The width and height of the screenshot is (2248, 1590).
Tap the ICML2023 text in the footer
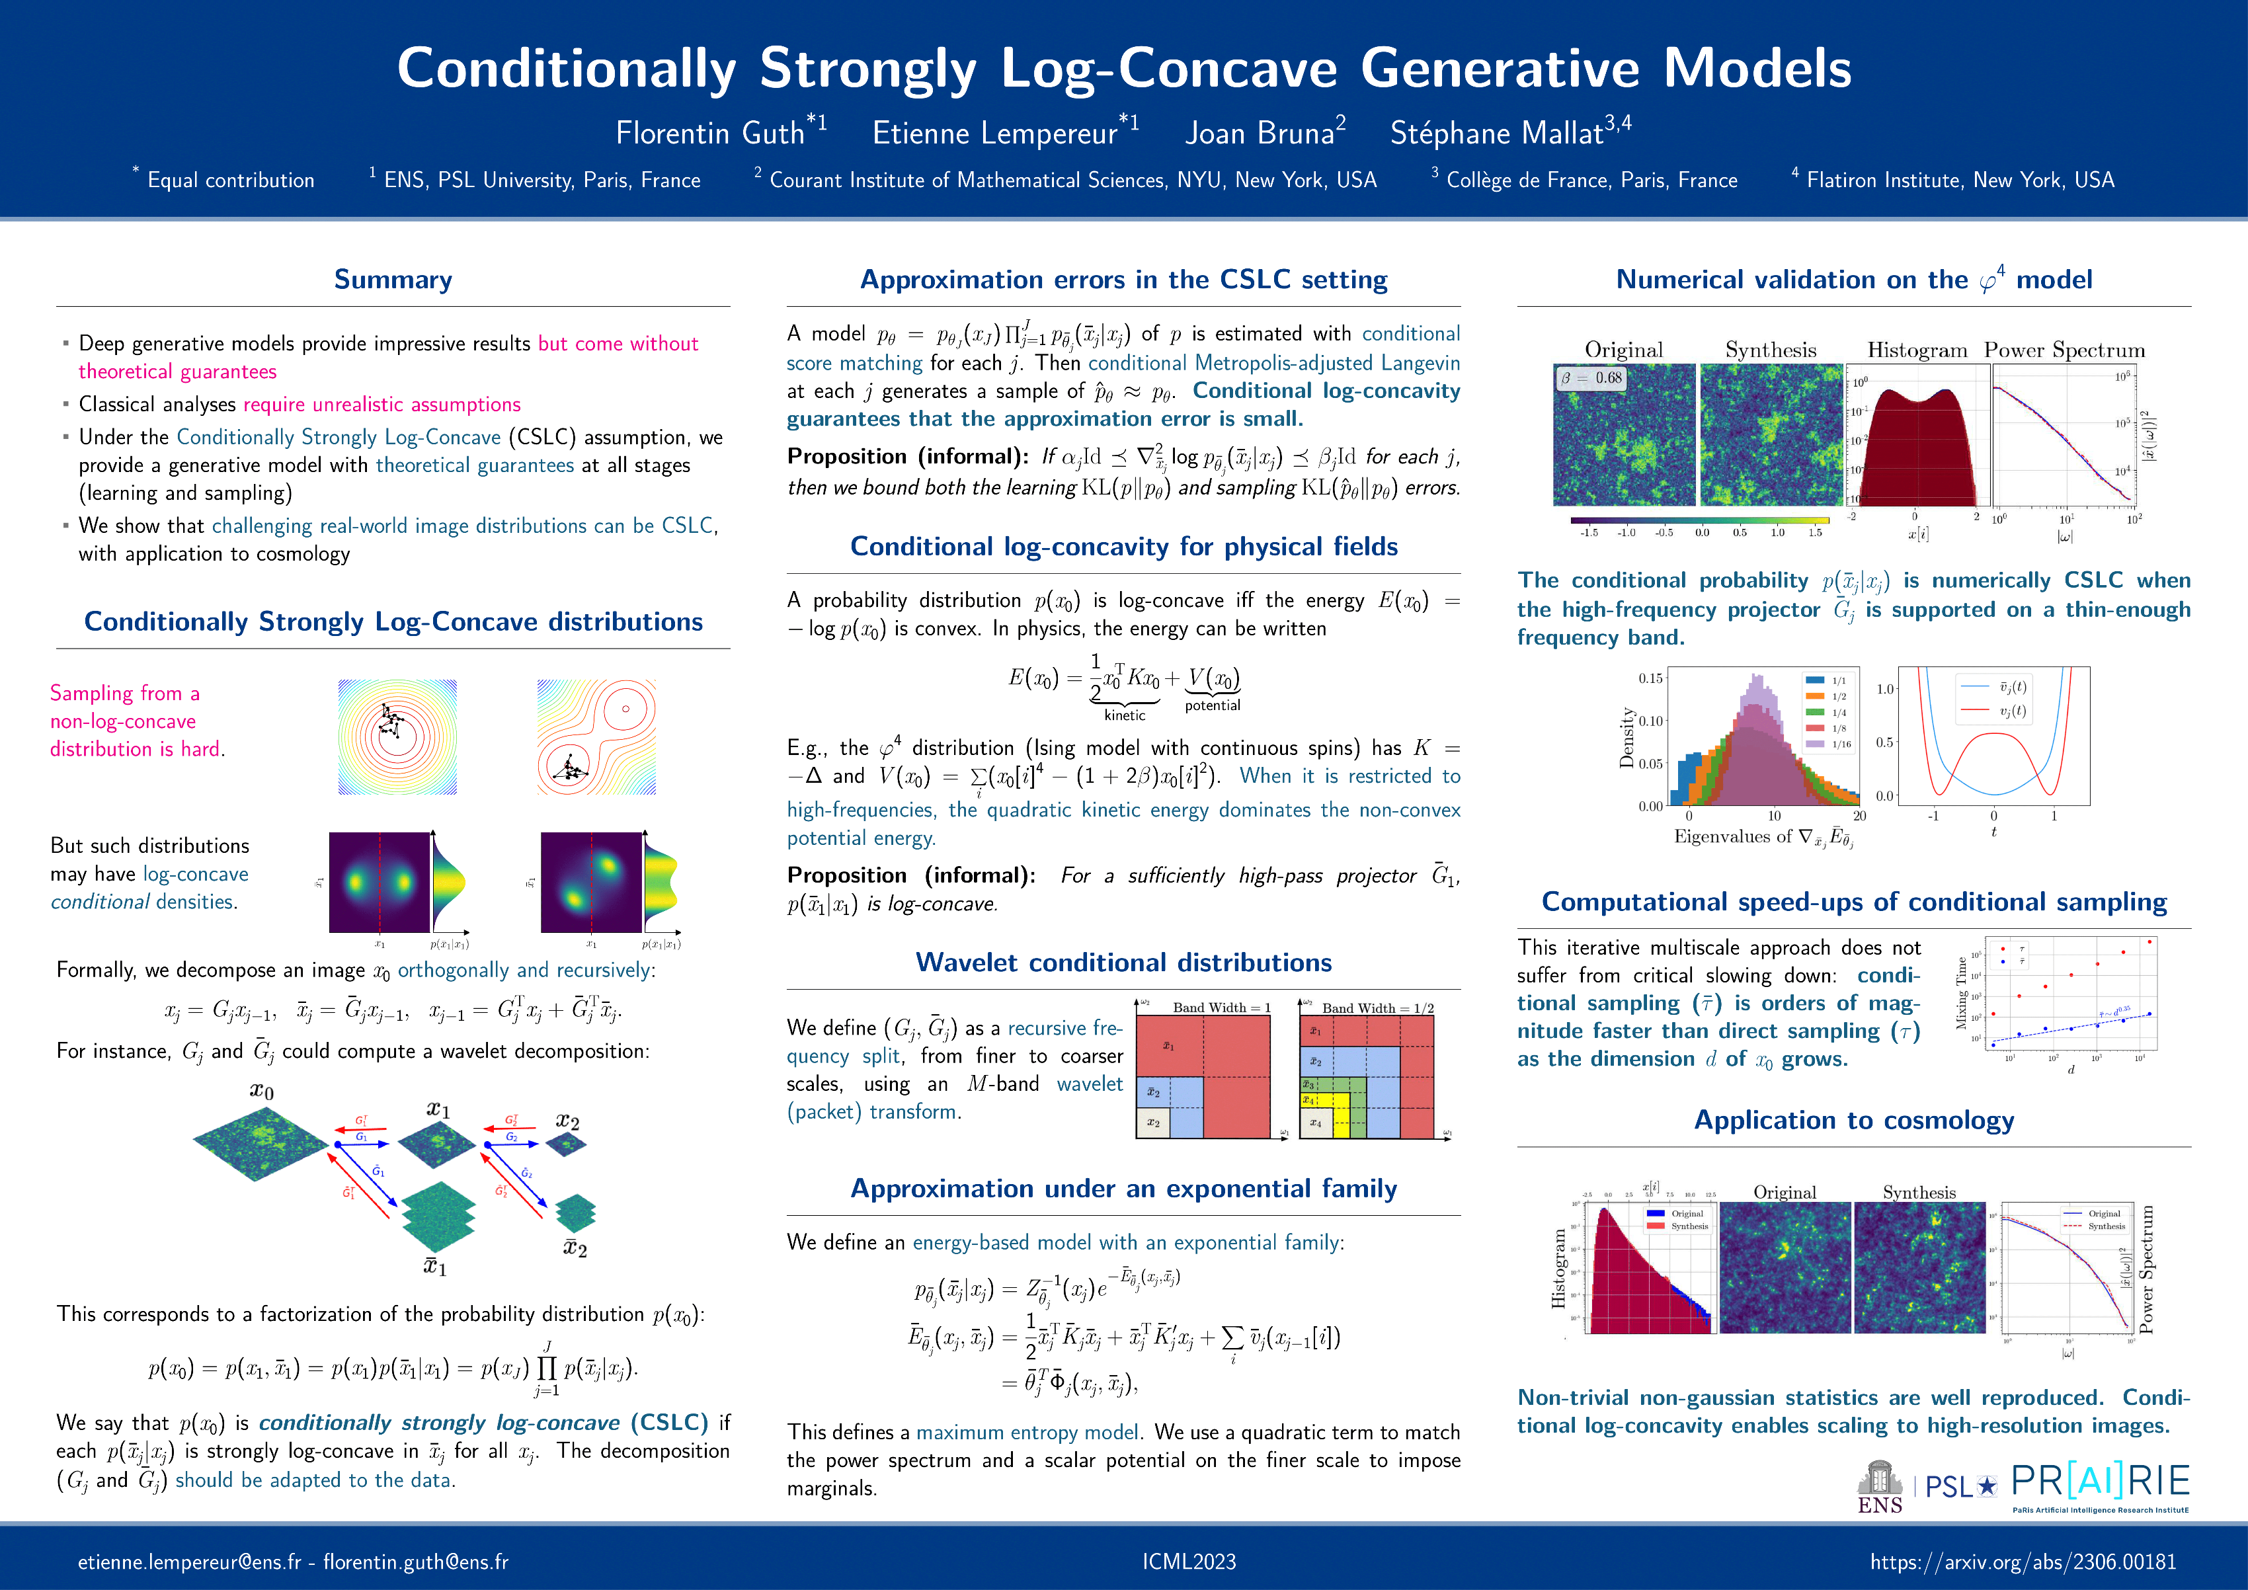pyautogui.click(x=1189, y=1562)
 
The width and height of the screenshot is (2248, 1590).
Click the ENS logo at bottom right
pyautogui.click(x=1879, y=1488)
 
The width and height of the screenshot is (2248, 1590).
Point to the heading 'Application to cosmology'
pyautogui.click(x=1853, y=1120)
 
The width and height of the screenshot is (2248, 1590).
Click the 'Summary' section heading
pyautogui.click(x=393, y=280)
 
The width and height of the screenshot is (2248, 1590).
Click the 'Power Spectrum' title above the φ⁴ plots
pyautogui.click(x=2064, y=350)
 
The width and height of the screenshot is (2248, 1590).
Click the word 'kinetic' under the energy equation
pyautogui.click(x=1124, y=716)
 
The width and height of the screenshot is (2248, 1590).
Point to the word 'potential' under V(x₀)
pyautogui.click(x=1212, y=705)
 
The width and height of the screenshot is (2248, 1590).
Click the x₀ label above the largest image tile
pyautogui.click(x=261, y=1091)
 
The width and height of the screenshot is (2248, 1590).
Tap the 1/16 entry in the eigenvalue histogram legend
pyautogui.click(x=1841, y=744)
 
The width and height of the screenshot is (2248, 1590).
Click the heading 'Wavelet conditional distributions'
pyautogui.click(x=1123, y=963)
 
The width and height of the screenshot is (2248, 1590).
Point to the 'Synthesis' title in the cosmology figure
pyautogui.click(x=1919, y=1191)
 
